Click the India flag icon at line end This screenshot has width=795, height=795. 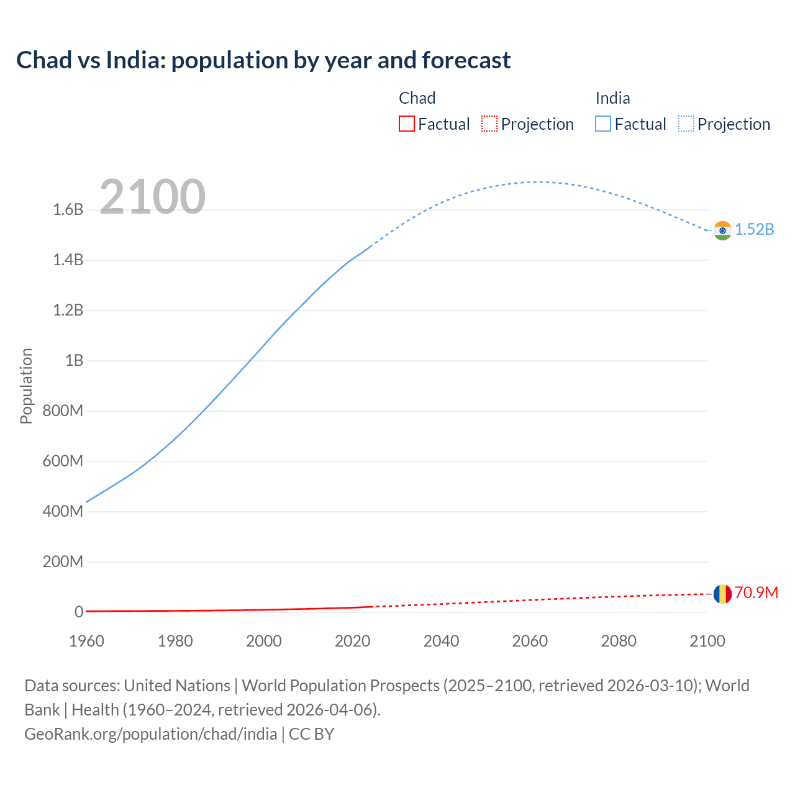click(722, 230)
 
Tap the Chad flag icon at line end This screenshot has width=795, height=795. click(722, 594)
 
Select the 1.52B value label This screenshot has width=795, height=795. click(755, 230)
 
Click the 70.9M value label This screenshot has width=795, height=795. click(756, 593)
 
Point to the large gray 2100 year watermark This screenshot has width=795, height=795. click(152, 196)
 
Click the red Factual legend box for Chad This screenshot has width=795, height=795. click(406, 124)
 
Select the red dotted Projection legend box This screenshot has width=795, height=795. click(489, 124)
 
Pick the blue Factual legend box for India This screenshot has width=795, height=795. click(603, 124)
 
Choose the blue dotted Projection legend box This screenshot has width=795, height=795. click(686, 124)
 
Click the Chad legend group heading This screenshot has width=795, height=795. click(417, 98)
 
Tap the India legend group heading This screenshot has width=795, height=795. click(612, 98)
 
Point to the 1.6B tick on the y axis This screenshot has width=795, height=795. click(68, 210)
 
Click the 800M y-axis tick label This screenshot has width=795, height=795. click(63, 411)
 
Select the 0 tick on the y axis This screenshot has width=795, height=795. click(79, 612)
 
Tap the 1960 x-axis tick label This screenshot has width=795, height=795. click(87, 641)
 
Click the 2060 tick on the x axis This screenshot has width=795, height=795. click(530, 641)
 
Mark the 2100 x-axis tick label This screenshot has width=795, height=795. click(707, 641)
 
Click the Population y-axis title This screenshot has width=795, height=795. click(26, 386)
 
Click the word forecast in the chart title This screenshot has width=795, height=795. click(466, 60)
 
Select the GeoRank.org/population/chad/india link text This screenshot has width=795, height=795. click(151, 734)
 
